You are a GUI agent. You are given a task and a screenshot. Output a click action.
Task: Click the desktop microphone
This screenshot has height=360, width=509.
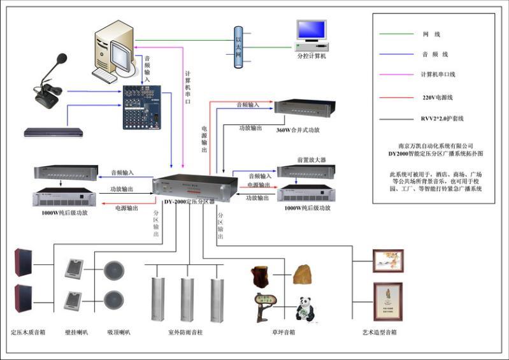pyautogui.click(x=51, y=80)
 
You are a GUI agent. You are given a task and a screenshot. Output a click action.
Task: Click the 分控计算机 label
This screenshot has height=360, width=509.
pyautogui.click(x=312, y=56)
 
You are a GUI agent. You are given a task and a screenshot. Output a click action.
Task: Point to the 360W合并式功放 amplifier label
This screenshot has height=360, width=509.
pyautogui.click(x=298, y=129)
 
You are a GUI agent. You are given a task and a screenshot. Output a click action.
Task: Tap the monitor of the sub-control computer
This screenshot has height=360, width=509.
pyautogui.click(x=311, y=31)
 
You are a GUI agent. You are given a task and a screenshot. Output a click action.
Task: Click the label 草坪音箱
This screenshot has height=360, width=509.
pyautogui.click(x=283, y=332)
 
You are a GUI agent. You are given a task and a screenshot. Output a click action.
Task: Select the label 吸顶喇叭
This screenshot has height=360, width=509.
pyautogui.click(x=118, y=332)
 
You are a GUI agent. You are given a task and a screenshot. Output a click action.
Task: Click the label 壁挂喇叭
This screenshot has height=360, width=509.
pyautogui.click(x=76, y=332)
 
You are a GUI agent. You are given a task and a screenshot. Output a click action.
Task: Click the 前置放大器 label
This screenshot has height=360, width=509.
pyautogui.click(x=311, y=160)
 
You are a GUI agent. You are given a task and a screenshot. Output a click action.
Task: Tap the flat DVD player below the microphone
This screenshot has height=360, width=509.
pyautogui.click(x=54, y=132)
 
